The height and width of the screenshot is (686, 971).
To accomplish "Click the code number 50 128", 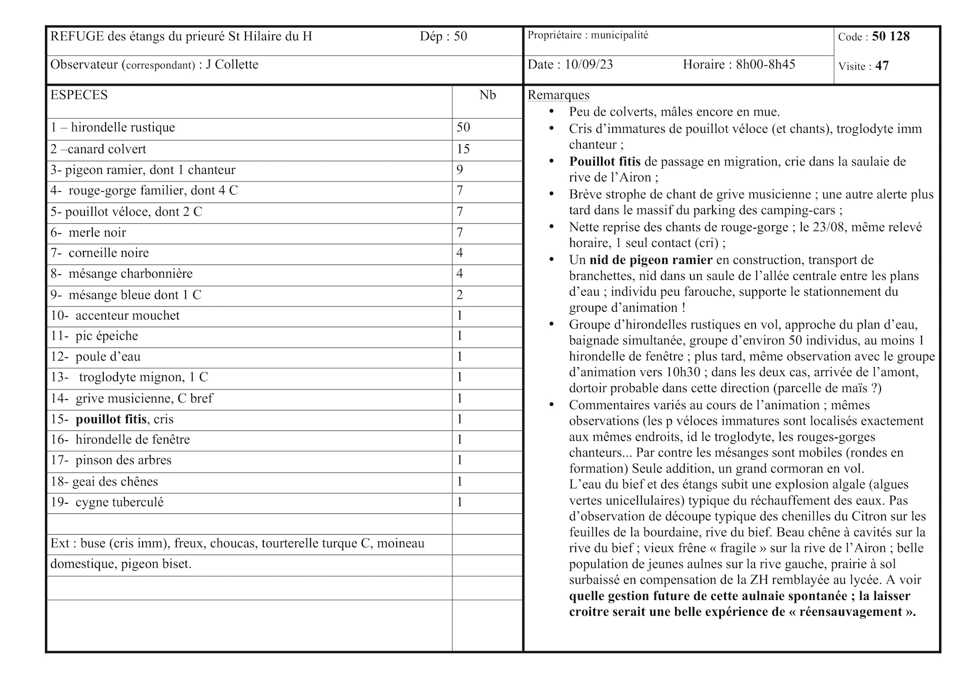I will click(891, 36).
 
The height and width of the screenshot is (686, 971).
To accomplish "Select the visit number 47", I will click(882, 66).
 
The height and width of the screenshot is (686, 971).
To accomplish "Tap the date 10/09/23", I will click(589, 64).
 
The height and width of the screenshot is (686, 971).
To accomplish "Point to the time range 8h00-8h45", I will click(765, 64).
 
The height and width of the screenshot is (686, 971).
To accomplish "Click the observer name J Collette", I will click(232, 64).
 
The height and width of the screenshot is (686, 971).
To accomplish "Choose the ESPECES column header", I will click(79, 95).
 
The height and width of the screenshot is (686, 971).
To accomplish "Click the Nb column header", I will click(487, 95).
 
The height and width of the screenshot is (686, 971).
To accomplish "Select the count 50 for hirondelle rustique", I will click(463, 128).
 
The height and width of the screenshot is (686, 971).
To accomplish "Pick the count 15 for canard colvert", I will click(463, 149).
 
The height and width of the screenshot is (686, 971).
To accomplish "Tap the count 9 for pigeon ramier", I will click(460, 170).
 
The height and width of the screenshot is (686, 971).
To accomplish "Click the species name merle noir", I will click(97, 233).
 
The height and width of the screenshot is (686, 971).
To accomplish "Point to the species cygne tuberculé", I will click(119, 502).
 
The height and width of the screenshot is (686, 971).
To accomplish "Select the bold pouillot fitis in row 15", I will click(111, 419).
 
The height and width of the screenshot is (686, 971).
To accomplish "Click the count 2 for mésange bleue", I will click(460, 295).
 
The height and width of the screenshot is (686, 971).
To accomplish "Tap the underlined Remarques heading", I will click(558, 95).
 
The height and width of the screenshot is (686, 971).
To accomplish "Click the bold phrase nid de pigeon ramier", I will click(651, 260).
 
